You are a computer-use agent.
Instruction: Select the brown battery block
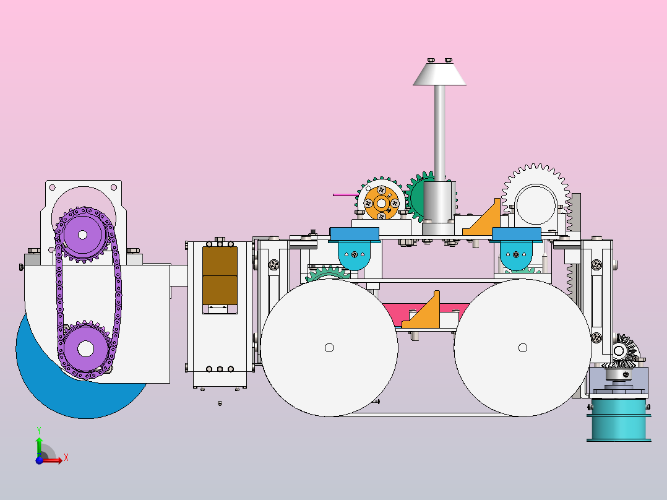220,276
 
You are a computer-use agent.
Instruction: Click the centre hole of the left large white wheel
329,348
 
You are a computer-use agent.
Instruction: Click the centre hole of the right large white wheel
523,348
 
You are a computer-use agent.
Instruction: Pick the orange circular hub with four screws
382,204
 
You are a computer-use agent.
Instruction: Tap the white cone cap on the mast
439,74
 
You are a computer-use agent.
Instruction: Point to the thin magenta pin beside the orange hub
345,195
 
